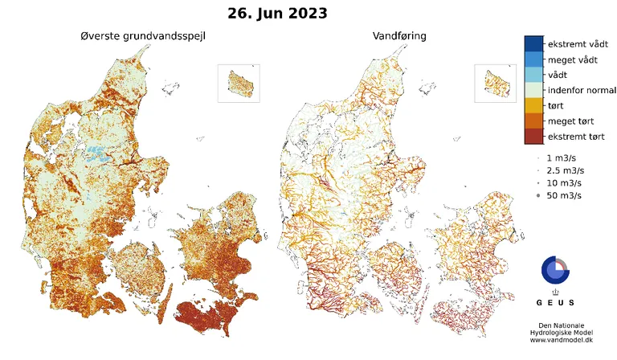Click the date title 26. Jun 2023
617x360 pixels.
[x=277, y=14]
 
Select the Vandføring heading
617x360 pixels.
[x=399, y=37]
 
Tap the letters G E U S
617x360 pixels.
[x=554, y=303]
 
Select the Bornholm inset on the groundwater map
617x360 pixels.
[x=240, y=82]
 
